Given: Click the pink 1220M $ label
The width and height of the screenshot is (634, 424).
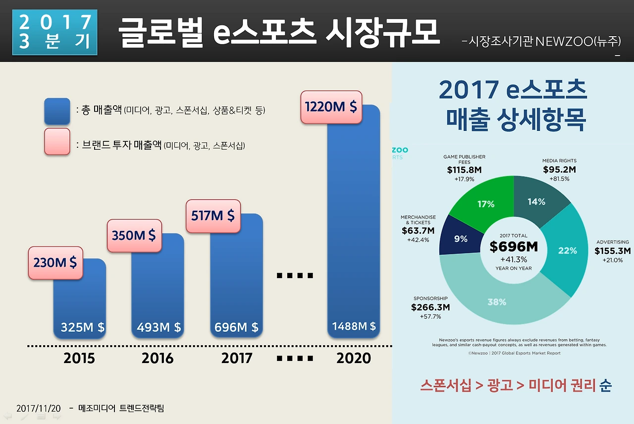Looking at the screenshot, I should click(x=331, y=107).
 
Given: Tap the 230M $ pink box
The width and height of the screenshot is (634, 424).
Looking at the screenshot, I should click(x=55, y=262).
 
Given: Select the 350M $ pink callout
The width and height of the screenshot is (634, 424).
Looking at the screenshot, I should click(x=134, y=235).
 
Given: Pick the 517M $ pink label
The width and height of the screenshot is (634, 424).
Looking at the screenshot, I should click(x=213, y=216).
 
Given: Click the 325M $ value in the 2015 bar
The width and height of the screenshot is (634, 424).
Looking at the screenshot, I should click(x=82, y=327).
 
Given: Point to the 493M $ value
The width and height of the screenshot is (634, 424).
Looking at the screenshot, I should click(x=158, y=327).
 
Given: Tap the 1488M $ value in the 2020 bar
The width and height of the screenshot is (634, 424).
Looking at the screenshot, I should click(x=354, y=326).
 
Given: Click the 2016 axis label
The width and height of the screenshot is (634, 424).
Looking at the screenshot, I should click(x=158, y=358).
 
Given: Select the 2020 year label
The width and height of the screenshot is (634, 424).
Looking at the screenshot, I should click(x=354, y=358).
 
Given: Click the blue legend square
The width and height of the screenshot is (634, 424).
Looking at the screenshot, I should click(x=57, y=111).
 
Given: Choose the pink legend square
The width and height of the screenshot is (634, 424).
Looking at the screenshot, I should click(x=57, y=142).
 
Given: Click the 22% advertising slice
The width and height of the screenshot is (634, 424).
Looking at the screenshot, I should click(x=567, y=250).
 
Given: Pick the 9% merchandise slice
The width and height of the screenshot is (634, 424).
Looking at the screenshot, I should click(x=461, y=239).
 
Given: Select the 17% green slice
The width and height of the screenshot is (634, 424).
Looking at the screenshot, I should click(x=486, y=204).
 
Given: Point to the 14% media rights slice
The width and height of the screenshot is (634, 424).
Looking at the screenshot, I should click(x=536, y=201).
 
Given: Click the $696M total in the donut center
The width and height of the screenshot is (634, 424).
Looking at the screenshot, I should click(x=513, y=246).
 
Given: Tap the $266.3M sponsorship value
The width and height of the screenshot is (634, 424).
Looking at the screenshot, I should click(x=430, y=307).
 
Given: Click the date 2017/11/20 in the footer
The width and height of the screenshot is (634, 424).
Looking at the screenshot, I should click(x=39, y=409).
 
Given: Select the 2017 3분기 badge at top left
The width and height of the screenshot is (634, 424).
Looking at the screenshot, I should click(x=55, y=31).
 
